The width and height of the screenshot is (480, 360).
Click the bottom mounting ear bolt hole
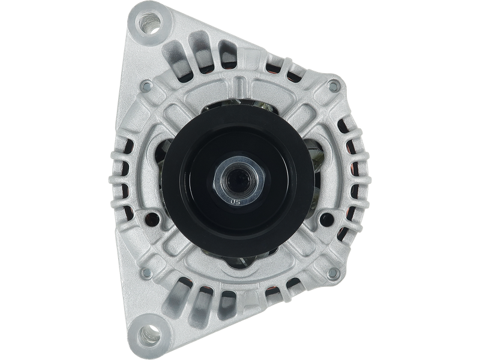click(x=148, y=334)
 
